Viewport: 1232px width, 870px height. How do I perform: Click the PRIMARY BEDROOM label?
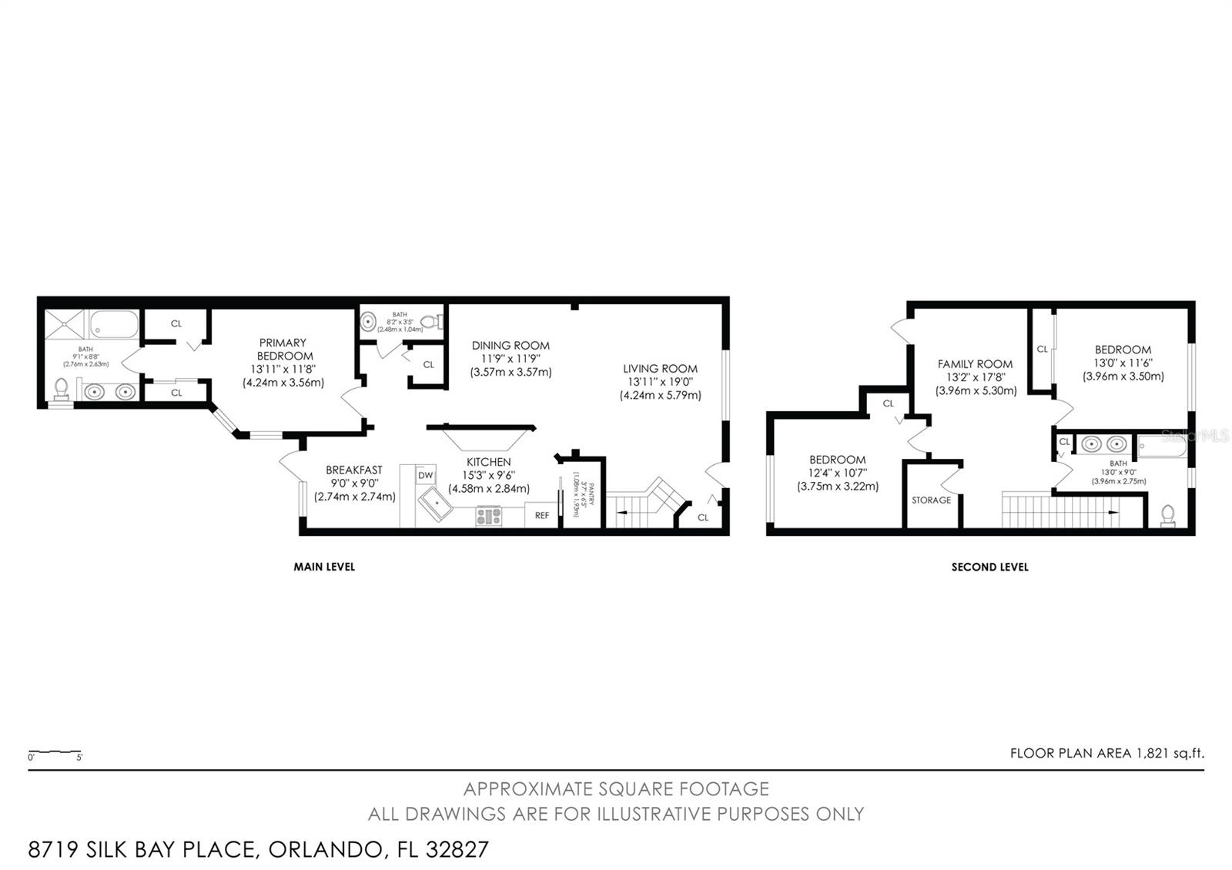click(x=283, y=349)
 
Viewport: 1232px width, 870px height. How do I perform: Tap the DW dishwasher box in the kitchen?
click(x=426, y=476)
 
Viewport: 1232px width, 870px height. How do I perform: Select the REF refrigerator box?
click(x=542, y=515)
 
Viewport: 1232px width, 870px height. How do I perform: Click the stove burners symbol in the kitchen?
click(x=488, y=515)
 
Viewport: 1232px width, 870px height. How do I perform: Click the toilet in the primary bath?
click(x=62, y=388)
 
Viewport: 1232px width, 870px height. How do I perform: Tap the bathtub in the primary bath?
click(x=115, y=324)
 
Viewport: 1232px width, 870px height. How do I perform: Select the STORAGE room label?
click(x=931, y=500)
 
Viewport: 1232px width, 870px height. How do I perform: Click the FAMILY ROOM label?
click(x=975, y=363)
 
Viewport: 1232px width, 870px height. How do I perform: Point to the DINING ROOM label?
click(x=511, y=345)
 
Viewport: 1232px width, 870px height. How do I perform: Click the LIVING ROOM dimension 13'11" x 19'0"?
click(x=660, y=382)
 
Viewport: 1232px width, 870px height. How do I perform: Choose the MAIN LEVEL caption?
click(x=324, y=567)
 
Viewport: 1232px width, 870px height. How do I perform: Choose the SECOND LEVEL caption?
click(x=989, y=567)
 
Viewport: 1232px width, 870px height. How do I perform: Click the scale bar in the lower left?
click(x=55, y=751)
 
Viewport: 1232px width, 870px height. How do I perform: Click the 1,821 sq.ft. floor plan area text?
click(x=1169, y=753)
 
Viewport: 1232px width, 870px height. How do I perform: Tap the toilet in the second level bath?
click(x=1167, y=514)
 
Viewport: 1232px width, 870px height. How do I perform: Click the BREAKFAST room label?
click(x=353, y=470)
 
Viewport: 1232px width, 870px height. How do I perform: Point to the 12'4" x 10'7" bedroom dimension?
click(x=837, y=473)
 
